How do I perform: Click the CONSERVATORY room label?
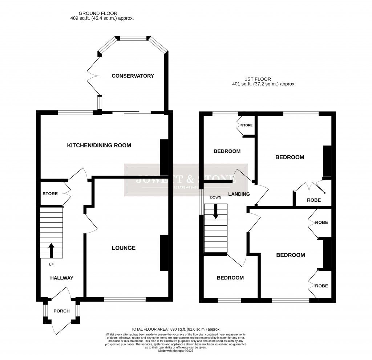(x=133, y=76)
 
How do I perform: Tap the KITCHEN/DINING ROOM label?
(x=99, y=145)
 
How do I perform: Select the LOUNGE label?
(x=124, y=248)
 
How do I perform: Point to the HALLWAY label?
(x=62, y=278)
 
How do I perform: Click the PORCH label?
(x=61, y=311)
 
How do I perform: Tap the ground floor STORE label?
(x=50, y=193)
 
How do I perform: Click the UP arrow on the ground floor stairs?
(x=51, y=250)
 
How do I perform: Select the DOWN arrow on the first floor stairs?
(x=216, y=212)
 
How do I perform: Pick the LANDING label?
(x=239, y=194)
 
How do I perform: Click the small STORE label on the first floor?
(x=247, y=125)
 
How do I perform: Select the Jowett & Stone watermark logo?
(x=186, y=180)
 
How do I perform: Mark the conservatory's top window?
(x=133, y=37)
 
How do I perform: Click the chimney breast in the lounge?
(x=164, y=253)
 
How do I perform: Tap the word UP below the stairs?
(x=51, y=264)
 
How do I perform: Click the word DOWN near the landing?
(x=215, y=197)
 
